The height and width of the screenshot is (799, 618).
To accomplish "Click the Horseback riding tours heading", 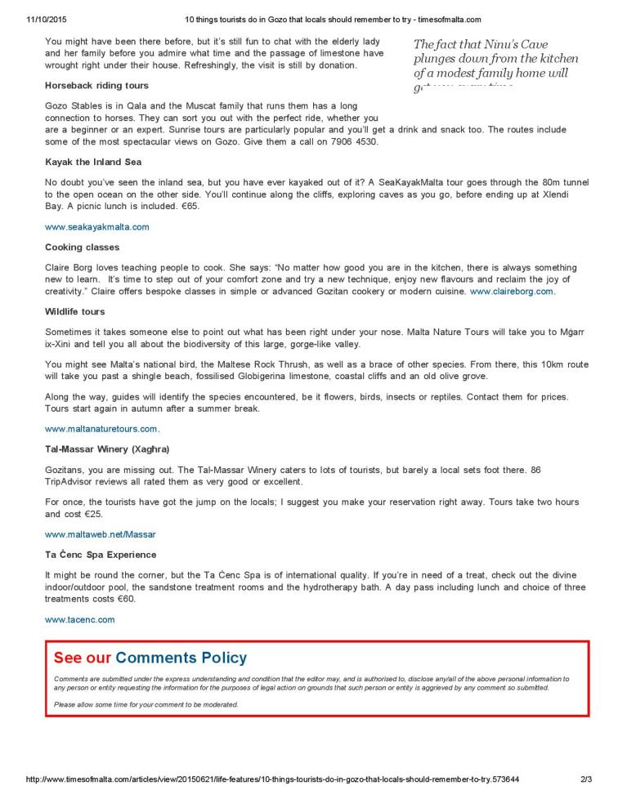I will [x=96, y=85].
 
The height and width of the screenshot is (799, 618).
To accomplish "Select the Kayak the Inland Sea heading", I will [x=93, y=162].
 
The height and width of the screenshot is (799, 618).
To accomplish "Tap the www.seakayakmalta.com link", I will [x=96, y=226].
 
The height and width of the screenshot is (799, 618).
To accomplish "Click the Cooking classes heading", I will [x=82, y=247].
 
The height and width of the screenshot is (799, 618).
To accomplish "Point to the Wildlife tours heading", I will [x=75, y=311].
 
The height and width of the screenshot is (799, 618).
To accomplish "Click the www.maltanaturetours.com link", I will [x=101, y=428].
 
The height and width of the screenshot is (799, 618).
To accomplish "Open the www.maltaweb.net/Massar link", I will [x=100, y=533].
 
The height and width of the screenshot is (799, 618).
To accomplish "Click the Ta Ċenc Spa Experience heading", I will [x=101, y=555].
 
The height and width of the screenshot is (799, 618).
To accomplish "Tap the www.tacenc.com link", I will [x=79, y=619].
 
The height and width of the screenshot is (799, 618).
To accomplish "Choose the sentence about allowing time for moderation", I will [x=146, y=704].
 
